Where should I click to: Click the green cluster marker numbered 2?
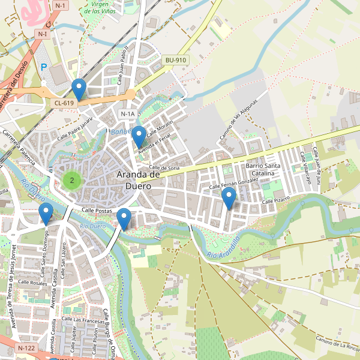pos(72,180)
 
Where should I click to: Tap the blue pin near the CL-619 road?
pos(79,91)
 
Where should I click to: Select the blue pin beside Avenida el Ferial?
pos(139,137)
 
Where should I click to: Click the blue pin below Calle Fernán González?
pos(229,198)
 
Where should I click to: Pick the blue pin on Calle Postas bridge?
pos(124,219)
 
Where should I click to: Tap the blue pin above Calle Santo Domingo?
pos(46,214)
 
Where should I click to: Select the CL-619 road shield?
pos(64,103)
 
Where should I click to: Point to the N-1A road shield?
pos(128,114)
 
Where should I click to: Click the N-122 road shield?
pos(27,348)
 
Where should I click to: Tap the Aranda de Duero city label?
pos(138,180)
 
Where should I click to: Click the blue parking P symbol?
pos(43,67)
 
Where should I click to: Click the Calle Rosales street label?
pos(32,282)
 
